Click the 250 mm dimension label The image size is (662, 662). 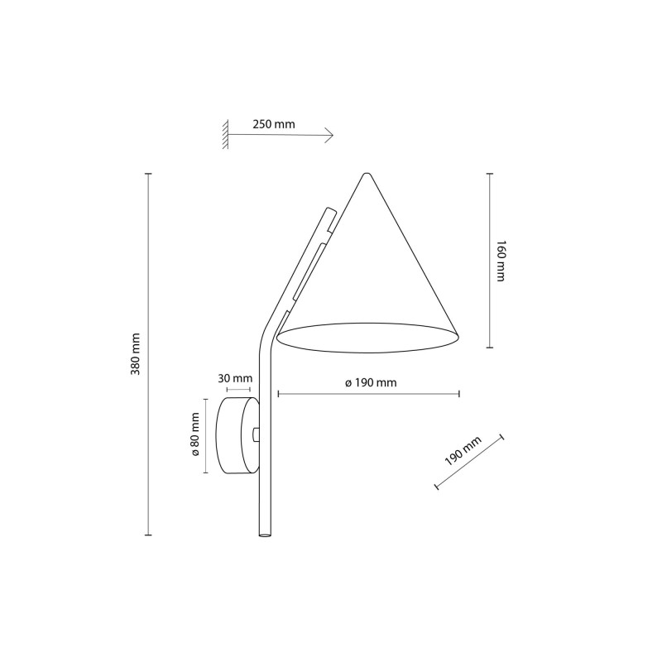click(x=274, y=124)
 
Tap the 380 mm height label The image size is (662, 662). click(x=136, y=354)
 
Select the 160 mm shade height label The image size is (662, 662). click(x=501, y=261)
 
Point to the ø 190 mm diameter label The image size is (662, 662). click(x=371, y=383)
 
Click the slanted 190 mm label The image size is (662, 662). click(x=463, y=451)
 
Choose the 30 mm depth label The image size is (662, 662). click(x=235, y=378)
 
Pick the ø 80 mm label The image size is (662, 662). click(x=195, y=434)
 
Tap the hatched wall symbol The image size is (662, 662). click(x=226, y=134)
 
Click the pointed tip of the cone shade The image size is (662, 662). click(x=367, y=174)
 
